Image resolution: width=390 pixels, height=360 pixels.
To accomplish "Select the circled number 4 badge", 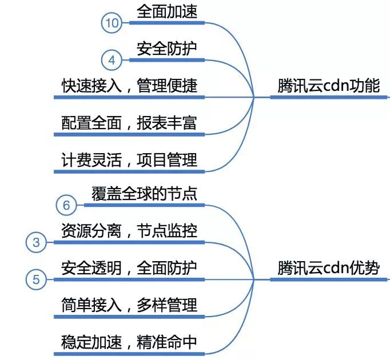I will click(112, 59).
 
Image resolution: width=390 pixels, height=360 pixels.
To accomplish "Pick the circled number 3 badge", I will click(37, 242).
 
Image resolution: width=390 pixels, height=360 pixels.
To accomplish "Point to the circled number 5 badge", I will click(37, 279).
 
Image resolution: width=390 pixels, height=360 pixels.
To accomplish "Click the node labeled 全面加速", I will click(167, 11).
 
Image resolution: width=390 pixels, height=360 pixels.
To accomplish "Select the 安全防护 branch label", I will click(167, 49).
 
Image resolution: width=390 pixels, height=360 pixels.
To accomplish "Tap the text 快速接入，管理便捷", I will click(129, 86).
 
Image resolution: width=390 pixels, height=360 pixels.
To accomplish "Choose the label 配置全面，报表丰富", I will click(129, 123).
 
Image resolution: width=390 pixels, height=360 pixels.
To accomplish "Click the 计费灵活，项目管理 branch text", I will click(129, 159).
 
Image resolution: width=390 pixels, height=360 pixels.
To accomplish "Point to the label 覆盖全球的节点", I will click(144, 193).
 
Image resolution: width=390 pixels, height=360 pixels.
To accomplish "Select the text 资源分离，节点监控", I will click(129, 231).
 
